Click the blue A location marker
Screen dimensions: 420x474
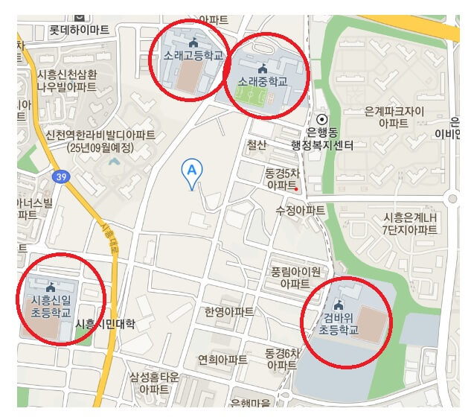tap(192, 171)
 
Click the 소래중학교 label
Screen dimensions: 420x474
tap(262, 79)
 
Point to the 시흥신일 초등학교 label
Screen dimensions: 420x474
tap(51, 306)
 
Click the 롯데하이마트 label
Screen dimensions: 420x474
tap(79, 30)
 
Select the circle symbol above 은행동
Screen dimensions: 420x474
tap(321, 119)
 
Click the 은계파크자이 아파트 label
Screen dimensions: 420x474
tap(394, 117)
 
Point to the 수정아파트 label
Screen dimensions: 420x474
tap(300, 210)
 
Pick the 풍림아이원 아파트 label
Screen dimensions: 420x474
tap(295, 277)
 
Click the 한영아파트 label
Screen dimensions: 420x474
tap(228, 311)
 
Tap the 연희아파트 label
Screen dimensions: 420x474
tap(222, 360)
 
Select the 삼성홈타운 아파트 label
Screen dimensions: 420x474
tap(154, 383)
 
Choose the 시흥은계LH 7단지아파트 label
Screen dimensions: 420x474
tap(410, 223)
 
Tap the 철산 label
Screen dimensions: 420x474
tap(257, 145)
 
